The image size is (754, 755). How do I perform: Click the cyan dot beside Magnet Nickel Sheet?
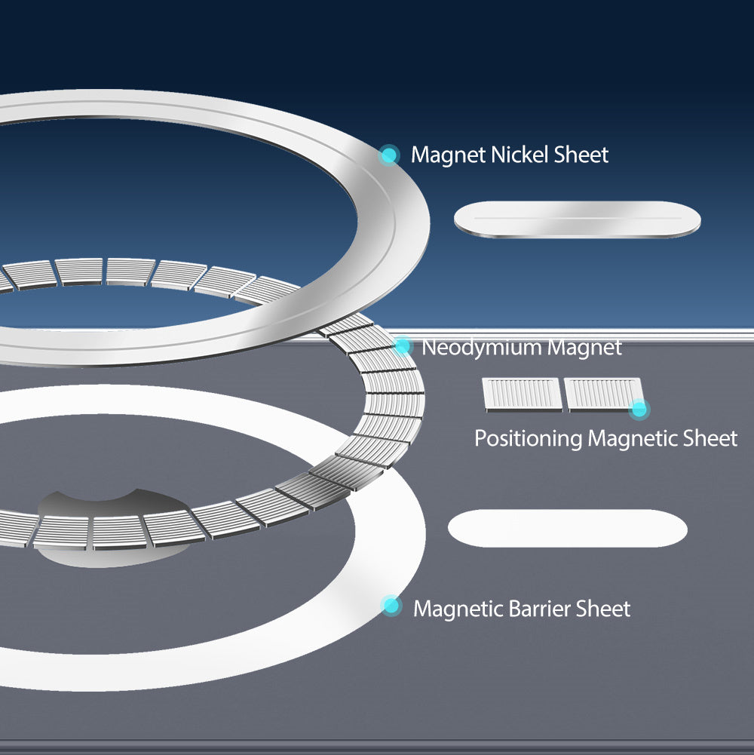[x=389, y=155]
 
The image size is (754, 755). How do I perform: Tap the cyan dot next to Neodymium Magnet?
[x=403, y=346]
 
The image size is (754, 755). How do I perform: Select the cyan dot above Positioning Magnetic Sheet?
[x=639, y=409]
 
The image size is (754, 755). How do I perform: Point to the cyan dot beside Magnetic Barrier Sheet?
[x=391, y=606]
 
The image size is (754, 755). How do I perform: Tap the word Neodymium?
[x=482, y=348]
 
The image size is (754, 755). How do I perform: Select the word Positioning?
[x=528, y=438]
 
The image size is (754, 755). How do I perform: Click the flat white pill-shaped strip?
[x=567, y=528]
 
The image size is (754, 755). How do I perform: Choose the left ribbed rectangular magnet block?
[x=521, y=394]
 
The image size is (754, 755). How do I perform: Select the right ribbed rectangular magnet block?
[x=602, y=394]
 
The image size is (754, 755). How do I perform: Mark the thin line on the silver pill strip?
[x=577, y=219]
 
